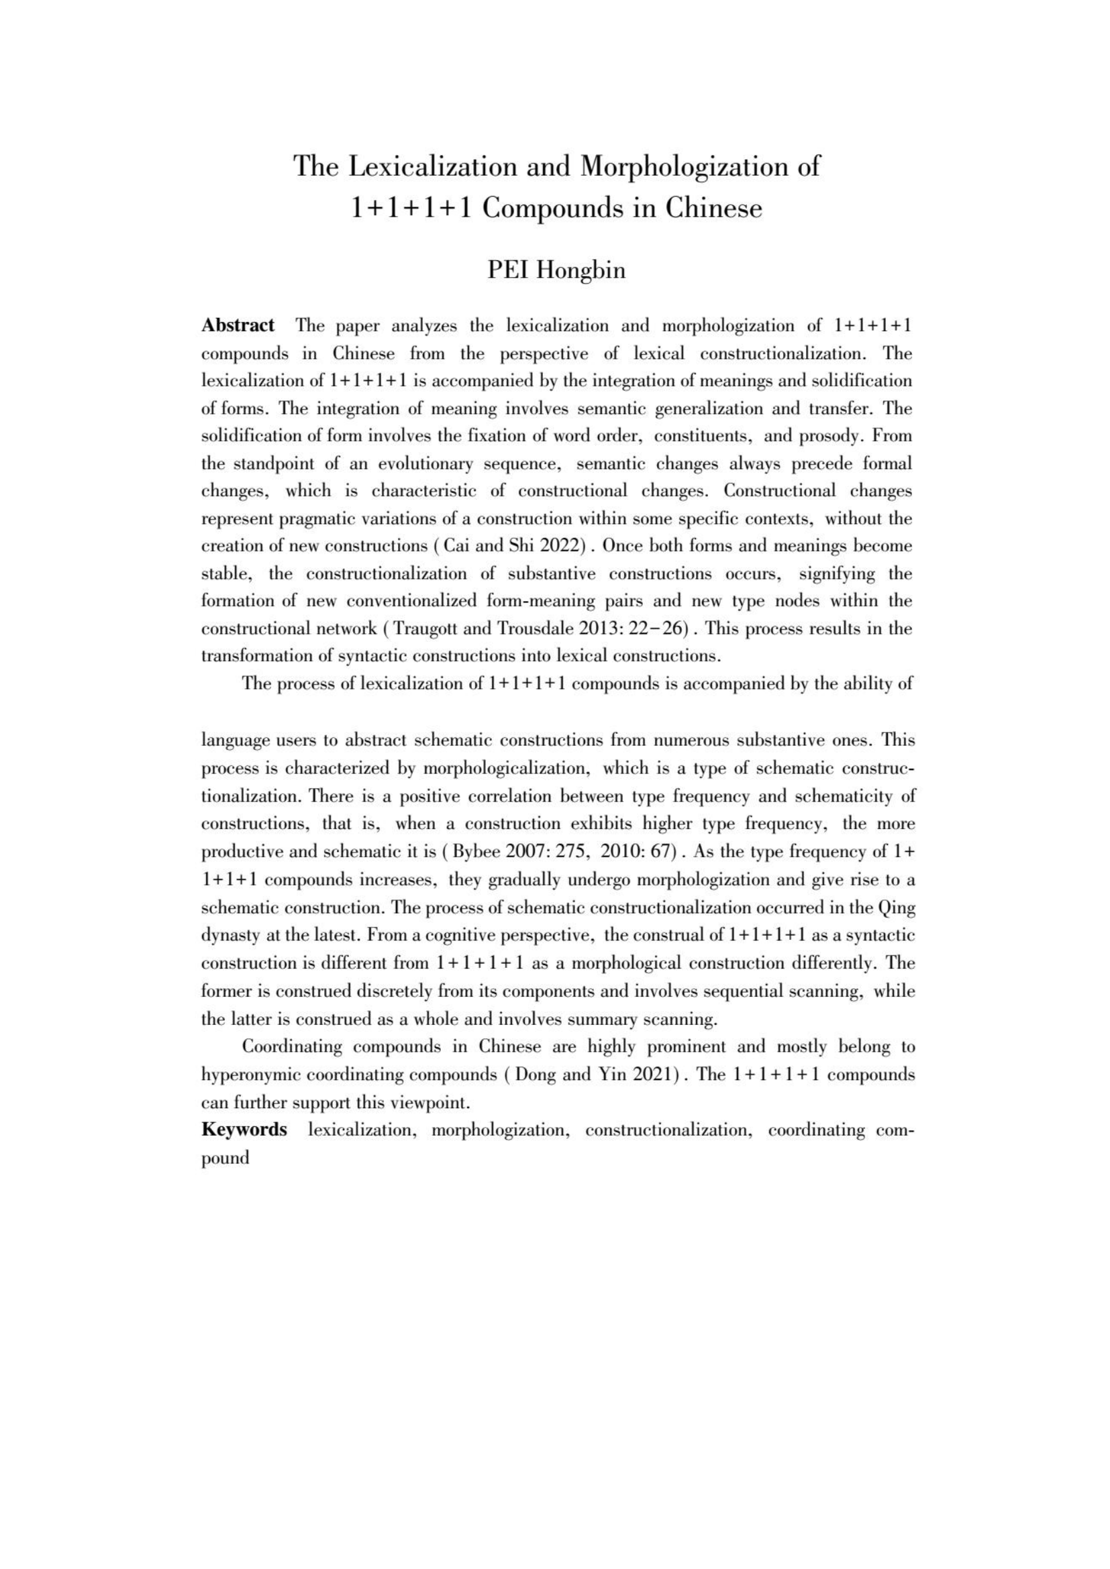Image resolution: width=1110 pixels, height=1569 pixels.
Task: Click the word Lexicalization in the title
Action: pos(434,167)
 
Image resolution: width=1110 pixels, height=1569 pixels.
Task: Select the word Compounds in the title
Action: pos(551,208)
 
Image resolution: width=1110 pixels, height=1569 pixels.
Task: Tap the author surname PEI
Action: pos(508,270)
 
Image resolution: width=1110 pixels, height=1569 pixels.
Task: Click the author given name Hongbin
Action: pos(581,270)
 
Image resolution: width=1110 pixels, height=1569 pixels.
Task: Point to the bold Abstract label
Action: pos(238,325)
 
